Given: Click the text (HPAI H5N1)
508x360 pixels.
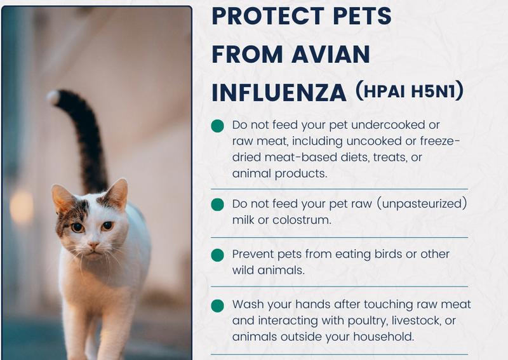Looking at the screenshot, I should point(409,92).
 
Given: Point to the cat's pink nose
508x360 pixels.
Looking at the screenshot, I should point(93,244).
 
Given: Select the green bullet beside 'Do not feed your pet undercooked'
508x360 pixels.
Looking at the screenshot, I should point(217,126).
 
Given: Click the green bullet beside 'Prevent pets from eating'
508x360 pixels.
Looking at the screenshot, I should point(217,255).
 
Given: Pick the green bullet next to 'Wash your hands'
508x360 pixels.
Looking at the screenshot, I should point(217,305).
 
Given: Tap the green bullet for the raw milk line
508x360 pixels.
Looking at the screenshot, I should point(217,204).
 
